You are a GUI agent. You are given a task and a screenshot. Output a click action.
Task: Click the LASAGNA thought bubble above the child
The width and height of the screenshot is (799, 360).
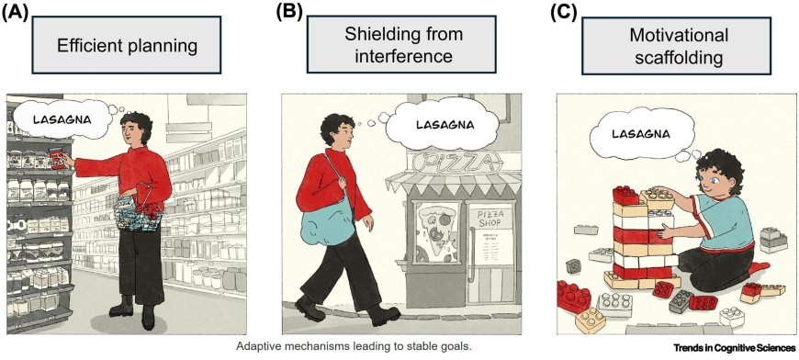point(642,133)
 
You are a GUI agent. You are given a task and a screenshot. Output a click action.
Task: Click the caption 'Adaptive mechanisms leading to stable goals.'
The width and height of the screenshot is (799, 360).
point(353,346)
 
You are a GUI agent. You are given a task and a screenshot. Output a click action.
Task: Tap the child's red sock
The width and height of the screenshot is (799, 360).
point(759,267)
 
